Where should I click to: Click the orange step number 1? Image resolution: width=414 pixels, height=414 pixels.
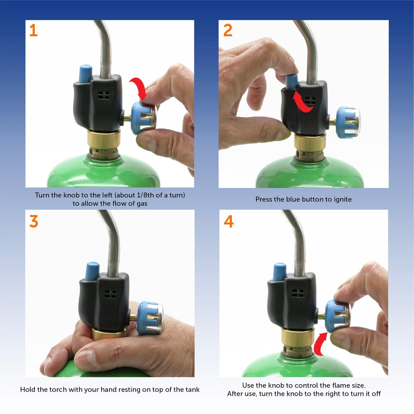pyautogui.click(x=33, y=31)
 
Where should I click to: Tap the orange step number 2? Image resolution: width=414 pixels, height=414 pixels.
pyautogui.click(x=228, y=31)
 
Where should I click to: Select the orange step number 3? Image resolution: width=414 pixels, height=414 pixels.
pyautogui.click(x=33, y=221)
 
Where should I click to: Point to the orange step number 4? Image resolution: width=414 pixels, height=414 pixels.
pyautogui.click(x=229, y=221)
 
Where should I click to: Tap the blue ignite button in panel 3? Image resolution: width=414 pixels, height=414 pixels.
pyautogui.click(x=92, y=271)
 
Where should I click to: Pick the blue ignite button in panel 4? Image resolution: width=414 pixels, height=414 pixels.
pyautogui.click(x=279, y=272)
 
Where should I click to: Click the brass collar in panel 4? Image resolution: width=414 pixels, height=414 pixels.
pyautogui.click(x=297, y=336)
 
